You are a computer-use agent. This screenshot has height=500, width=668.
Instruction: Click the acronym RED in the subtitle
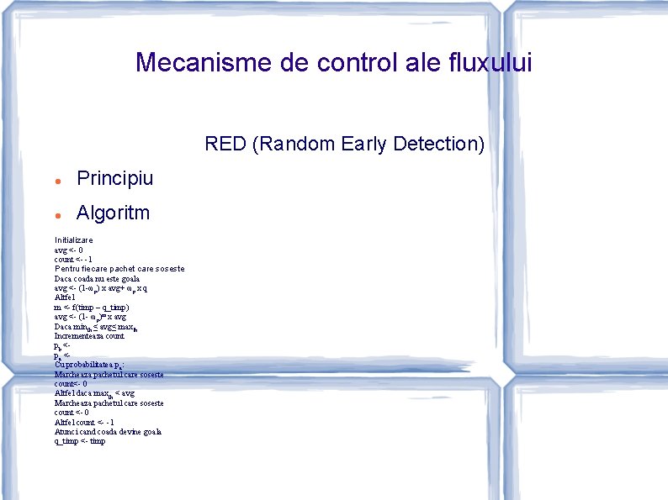225,144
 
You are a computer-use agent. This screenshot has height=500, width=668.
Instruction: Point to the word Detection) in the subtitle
437,144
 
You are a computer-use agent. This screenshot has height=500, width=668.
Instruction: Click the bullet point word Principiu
115,179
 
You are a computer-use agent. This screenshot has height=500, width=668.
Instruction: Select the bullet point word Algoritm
113,213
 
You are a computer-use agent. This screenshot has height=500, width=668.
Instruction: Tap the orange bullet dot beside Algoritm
56,214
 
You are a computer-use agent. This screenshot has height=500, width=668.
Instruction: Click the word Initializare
74,240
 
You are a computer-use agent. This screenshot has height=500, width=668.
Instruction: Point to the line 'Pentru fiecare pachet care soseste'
119,269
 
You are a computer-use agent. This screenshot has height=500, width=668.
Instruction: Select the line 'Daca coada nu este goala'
97,278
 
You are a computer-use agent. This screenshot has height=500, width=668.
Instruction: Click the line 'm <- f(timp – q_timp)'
92,308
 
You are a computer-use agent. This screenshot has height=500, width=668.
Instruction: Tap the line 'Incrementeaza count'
89,335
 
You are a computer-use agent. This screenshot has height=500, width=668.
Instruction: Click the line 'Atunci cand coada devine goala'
108,431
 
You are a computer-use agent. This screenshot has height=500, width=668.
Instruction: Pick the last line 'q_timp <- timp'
80,441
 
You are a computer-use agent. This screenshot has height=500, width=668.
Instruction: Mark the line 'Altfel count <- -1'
84,422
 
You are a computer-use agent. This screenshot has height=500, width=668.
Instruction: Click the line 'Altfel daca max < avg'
94,393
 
